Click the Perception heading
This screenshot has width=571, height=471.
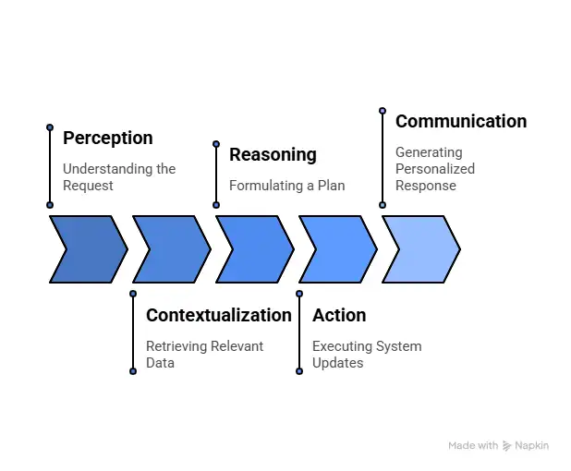[x=107, y=139]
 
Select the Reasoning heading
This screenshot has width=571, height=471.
[x=273, y=155]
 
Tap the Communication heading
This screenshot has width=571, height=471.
[x=460, y=122]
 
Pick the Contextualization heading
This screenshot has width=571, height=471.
[x=218, y=316]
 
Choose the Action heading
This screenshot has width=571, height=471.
[x=339, y=316]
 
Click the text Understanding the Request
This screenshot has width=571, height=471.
[x=118, y=177]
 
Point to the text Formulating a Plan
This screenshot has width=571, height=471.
[x=286, y=186]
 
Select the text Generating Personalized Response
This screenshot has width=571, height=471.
[x=434, y=169]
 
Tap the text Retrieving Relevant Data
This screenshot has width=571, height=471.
[x=204, y=355]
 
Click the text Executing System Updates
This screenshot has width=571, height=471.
[x=366, y=355]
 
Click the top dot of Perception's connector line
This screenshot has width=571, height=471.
[x=50, y=127]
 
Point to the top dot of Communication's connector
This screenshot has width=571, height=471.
[x=383, y=110]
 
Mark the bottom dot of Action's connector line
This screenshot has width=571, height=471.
[x=299, y=371]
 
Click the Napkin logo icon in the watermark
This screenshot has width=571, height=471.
[x=507, y=446]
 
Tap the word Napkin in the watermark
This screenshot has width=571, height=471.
[x=532, y=446]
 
